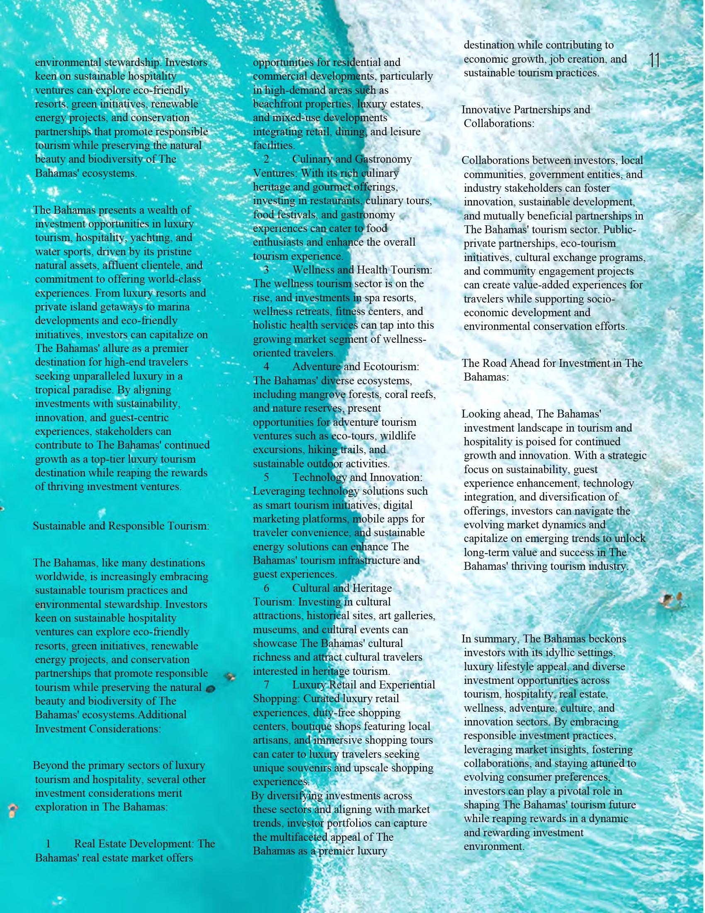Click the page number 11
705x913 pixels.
(654, 61)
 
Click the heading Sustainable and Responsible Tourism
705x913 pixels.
(121, 525)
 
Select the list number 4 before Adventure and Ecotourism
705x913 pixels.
(267, 366)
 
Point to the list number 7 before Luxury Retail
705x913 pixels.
(267, 685)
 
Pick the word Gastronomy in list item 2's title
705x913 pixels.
(383, 159)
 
